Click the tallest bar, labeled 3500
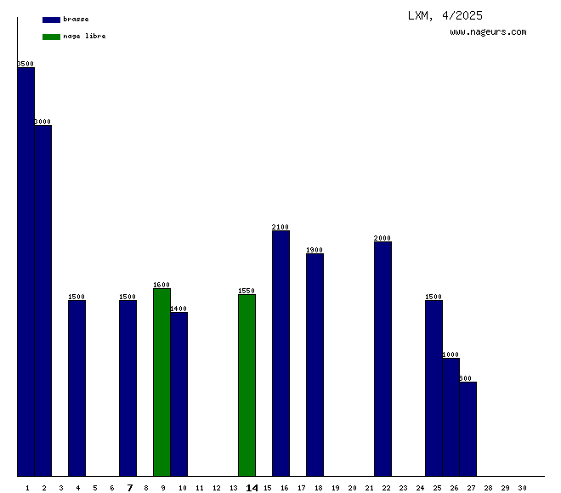click(25, 272)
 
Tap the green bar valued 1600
click(161, 382)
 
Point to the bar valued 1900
click(314, 365)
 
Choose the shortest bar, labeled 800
click(467, 429)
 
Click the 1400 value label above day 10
click(178, 309)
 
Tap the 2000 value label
click(382, 238)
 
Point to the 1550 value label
click(246, 291)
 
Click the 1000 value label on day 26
click(450, 354)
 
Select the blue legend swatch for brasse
click(51, 19)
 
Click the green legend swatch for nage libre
click(51, 37)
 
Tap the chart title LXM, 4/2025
click(445, 15)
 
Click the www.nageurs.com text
click(488, 32)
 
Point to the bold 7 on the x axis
click(129, 488)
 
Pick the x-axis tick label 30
click(522, 488)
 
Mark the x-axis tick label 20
click(352, 488)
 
